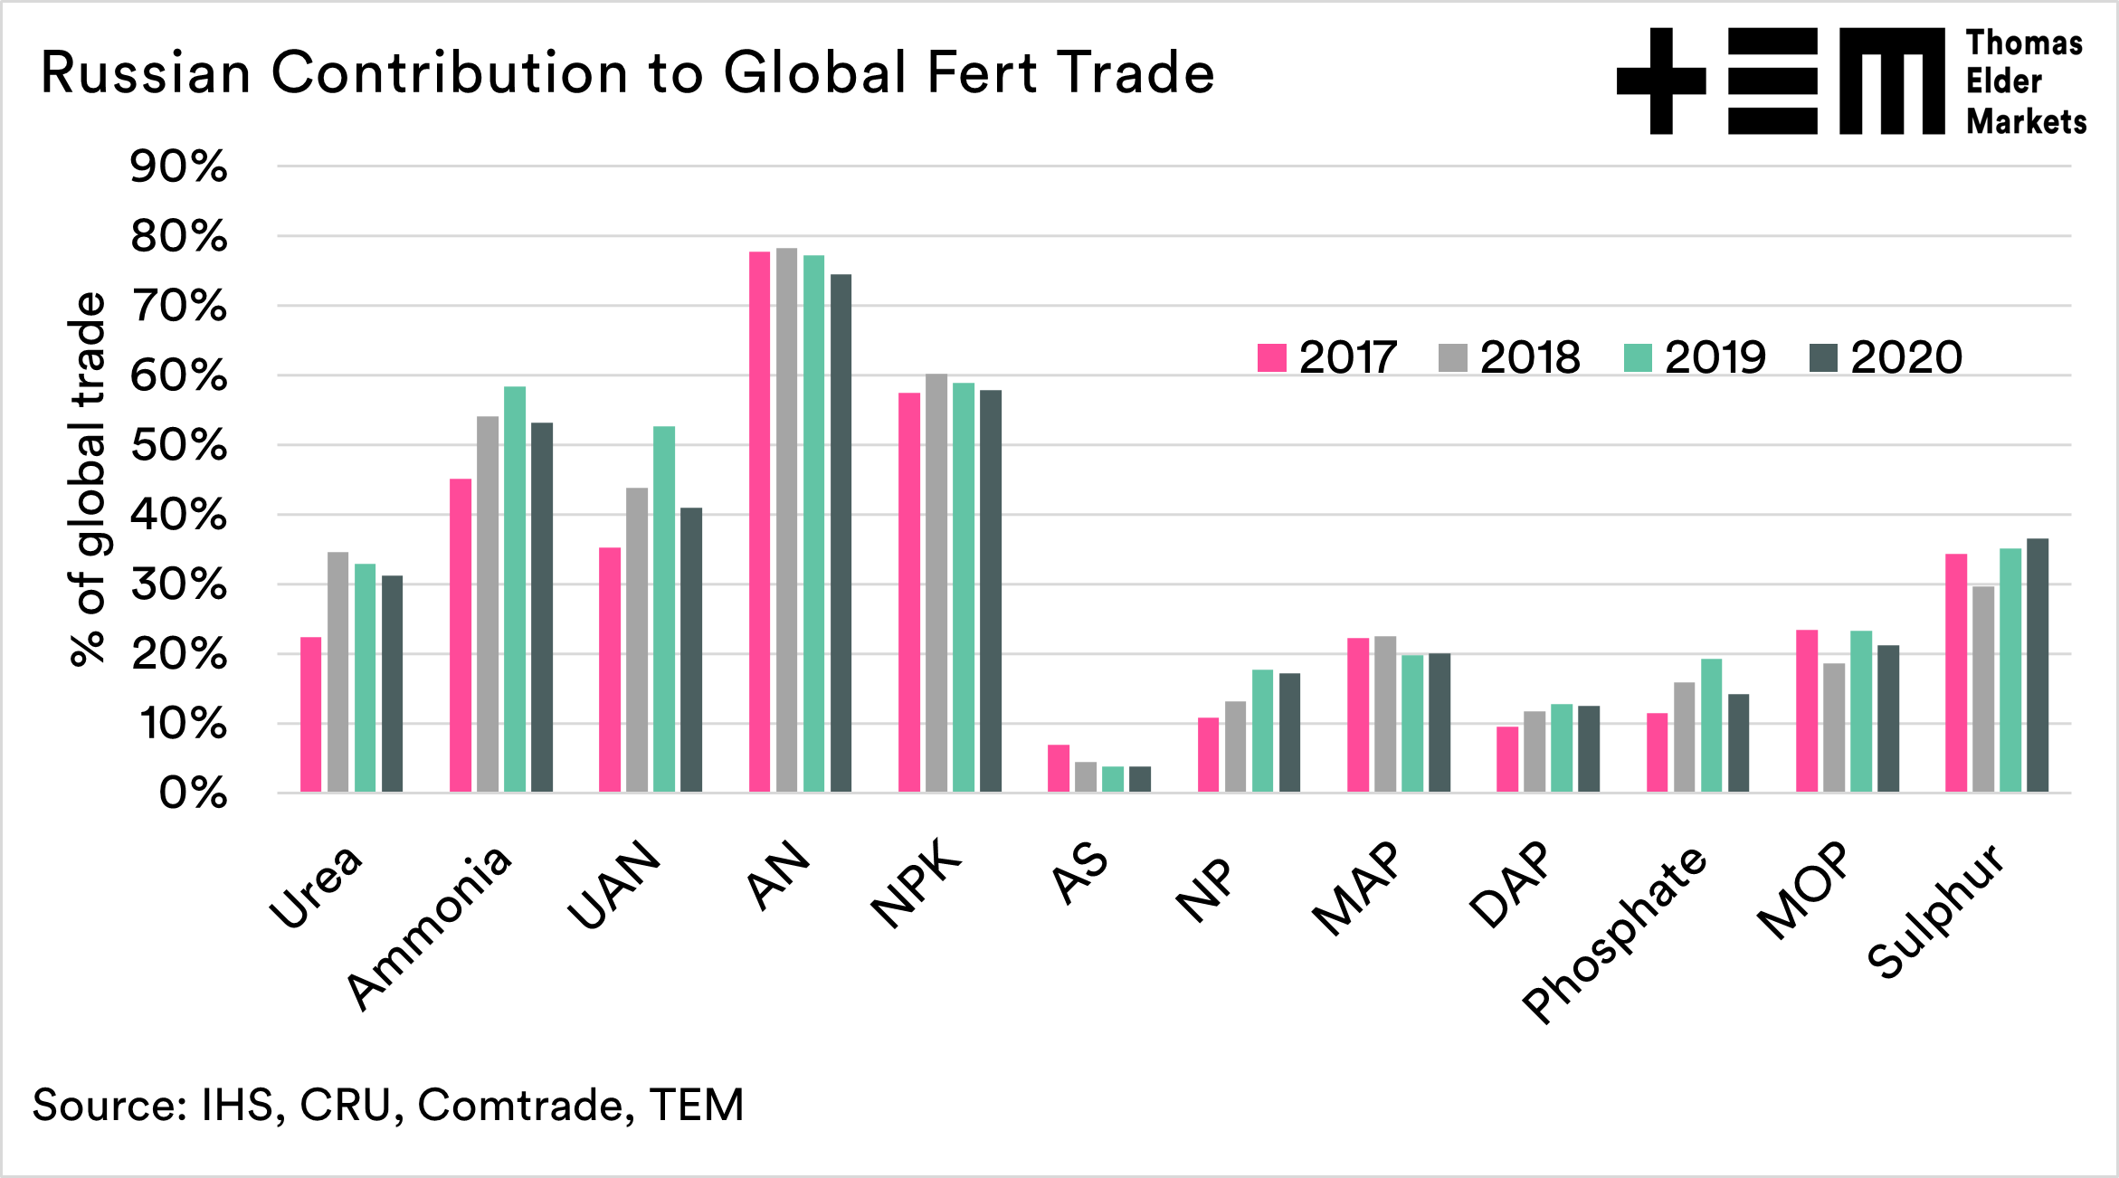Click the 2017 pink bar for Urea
[x=311, y=715]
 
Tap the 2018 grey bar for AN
[x=786, y=520]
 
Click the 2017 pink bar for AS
[x=1059, y=768]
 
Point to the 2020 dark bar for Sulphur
[x=2038, y=665]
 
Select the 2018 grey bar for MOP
[x=1834, y=727]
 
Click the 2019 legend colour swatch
[x=1638, y=357]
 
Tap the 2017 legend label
[x=1348, y=357]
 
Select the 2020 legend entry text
[x=1906, y=357]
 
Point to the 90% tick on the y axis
[x=179, y=166]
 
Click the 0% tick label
[x=193, y=793]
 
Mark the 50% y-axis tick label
[x=179, y=445]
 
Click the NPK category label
[x=916, y=884]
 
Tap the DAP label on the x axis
[x=1510, y=884]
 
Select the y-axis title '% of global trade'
[x=88, y=480]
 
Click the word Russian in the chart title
[x=146, y=72]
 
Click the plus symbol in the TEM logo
[x=1661, y=81]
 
